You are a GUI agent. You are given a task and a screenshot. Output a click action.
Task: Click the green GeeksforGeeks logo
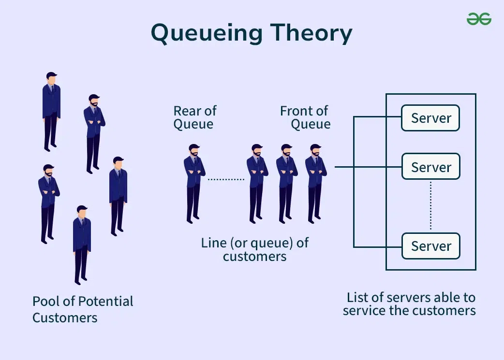click(479, 19)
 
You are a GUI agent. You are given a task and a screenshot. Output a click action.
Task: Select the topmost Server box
click(430, 118)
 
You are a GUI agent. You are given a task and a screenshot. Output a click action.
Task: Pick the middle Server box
click(430, 167)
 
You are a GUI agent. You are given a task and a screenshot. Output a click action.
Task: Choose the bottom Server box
click(430, 246)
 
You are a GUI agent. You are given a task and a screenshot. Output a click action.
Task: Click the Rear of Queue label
click(194, 117)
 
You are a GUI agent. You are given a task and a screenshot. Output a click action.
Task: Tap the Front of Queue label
click(305, 117)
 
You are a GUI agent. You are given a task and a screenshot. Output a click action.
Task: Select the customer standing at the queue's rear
click(194, 184)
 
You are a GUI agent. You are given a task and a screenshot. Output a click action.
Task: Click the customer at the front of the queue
click(315, 184)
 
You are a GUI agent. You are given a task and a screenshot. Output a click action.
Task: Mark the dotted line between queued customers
click(226, 179)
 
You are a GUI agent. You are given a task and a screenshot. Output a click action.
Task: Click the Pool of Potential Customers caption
click(82, 309)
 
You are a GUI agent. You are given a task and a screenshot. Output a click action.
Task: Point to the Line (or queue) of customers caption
click(254, 249)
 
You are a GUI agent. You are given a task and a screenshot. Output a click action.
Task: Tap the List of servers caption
click(409, 304)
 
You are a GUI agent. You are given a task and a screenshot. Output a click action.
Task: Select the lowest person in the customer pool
click(82, 244)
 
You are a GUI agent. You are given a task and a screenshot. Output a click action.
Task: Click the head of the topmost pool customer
click(51, 77)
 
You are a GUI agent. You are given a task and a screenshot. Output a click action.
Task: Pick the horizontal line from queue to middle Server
click(368, 167)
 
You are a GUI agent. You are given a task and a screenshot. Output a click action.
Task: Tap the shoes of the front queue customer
click(315, 220)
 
